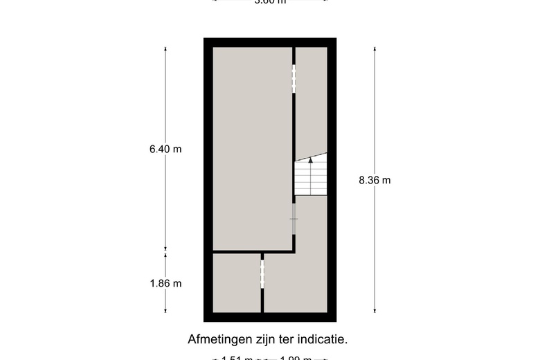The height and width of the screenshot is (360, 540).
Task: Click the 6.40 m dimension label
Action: tap(165, 149)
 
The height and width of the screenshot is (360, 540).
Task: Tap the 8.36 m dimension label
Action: tap(375, 180)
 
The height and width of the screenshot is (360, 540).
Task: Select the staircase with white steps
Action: tap(310, 178)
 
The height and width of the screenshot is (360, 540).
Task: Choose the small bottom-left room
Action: tap(236, 283)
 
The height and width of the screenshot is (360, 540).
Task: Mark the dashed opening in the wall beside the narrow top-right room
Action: tap(294, 78)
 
